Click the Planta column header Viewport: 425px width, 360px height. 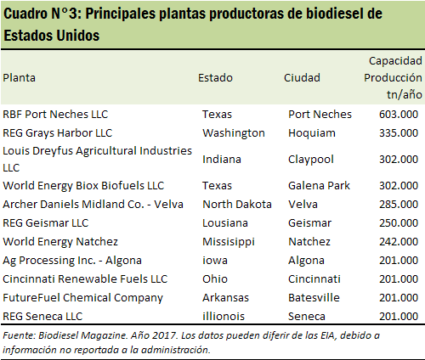point(19,78)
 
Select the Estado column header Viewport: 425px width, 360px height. point(215,78)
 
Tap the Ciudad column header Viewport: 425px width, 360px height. point(302,78)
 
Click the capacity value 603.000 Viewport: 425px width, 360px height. point(399,115)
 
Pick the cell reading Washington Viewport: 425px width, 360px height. point(234,133)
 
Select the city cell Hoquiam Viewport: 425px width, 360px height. point(312,133)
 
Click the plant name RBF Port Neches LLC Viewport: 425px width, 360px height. point(55,115)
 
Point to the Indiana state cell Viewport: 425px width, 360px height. point(222,160)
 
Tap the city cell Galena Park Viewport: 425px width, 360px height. point(319,186)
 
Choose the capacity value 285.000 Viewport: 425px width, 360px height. point(399,205)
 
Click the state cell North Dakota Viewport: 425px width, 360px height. point(237,205)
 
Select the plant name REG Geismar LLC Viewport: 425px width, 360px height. point(46,223)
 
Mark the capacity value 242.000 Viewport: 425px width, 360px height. point(399,242)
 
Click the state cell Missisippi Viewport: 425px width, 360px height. point(229,242)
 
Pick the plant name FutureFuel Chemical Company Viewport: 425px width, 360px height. point(82,298)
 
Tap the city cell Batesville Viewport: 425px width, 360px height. point(314,298)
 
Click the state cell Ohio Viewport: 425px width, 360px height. point(215,279)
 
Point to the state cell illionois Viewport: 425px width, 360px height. point(224,317)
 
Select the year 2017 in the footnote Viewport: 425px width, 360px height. point(164,335)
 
